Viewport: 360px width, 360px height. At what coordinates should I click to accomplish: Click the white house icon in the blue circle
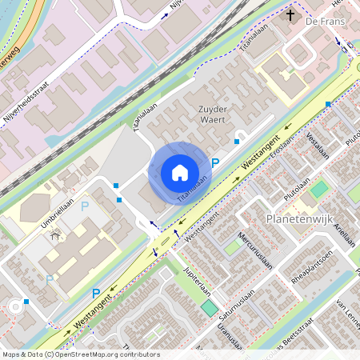click(x=180, y=172)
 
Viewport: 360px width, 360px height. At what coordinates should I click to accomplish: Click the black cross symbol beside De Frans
click(x=291, y=14)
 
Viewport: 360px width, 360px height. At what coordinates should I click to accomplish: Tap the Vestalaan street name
click(x=318, y=149)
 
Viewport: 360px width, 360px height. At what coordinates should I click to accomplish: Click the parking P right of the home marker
click(x=215, y=163)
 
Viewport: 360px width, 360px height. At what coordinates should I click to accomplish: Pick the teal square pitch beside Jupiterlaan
click(x=209, y=308)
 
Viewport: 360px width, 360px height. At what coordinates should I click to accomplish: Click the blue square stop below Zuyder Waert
click(x=236, y=142)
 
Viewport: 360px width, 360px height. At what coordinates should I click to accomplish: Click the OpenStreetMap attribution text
click(x=80, y=354)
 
